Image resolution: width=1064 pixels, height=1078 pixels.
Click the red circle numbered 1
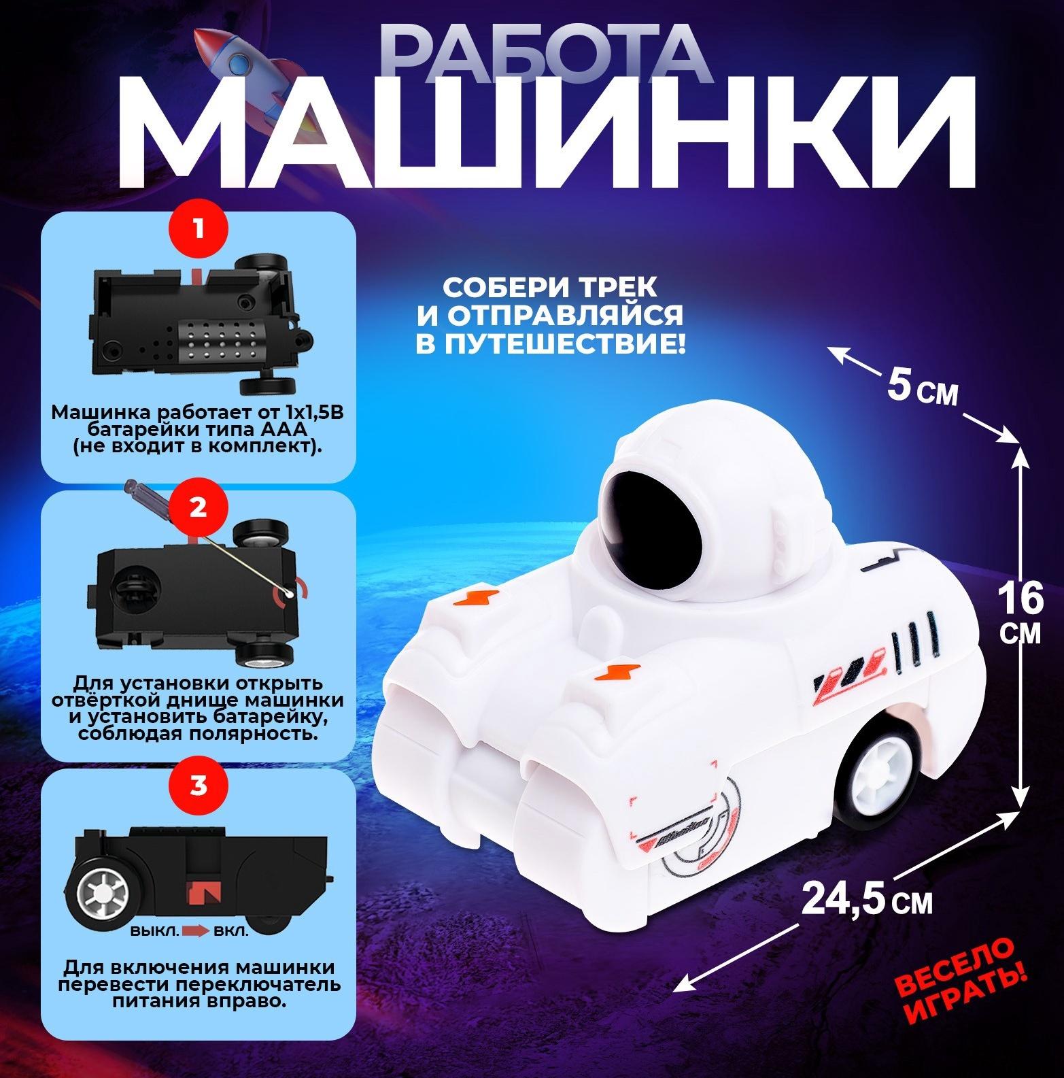pyautogui.click(x=198, y=229)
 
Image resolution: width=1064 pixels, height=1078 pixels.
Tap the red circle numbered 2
pyautogui.click(x=198, y=508)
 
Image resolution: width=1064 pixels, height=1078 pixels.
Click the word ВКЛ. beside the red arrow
pyautogui.click(x=230, y=931)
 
